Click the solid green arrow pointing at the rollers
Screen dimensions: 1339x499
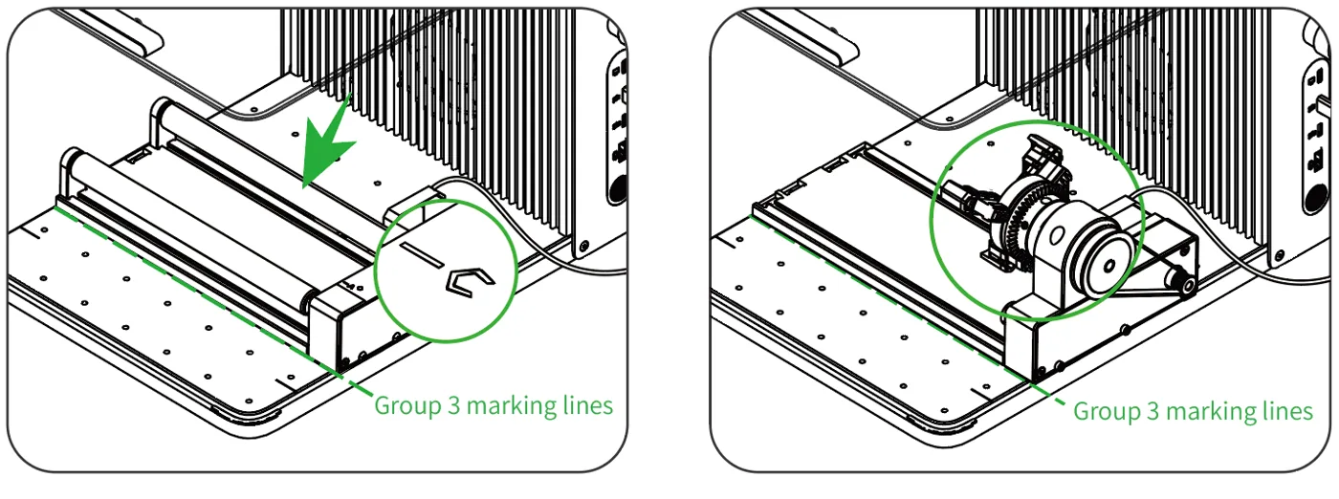(x=326, y=144)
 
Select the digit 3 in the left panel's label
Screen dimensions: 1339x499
(x=453, y=405)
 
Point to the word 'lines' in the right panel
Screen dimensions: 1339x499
(x=1287, y=410)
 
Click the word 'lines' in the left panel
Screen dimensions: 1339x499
(x=588, y=405)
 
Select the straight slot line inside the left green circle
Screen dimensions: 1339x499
(x=422, y=254)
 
